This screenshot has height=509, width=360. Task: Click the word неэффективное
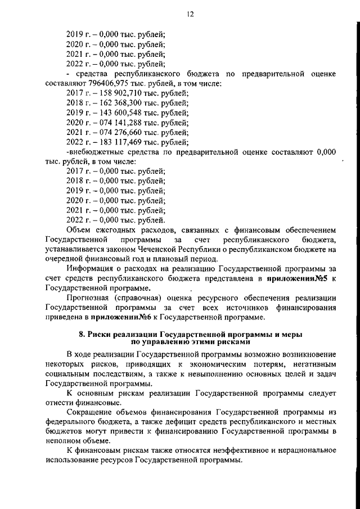coord(222,451)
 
